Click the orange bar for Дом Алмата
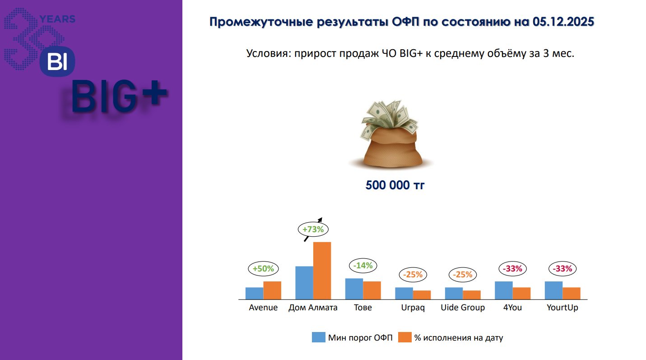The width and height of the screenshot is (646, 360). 322,271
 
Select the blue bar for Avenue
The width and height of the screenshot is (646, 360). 254,293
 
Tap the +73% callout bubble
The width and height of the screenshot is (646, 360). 313,229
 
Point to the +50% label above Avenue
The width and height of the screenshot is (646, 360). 263,269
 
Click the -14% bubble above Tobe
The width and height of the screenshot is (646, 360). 363,266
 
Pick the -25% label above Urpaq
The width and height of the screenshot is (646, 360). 413,274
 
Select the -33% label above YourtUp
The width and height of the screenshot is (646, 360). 562,269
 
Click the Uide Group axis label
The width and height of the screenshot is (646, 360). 463,308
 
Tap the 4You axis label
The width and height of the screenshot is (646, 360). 512,308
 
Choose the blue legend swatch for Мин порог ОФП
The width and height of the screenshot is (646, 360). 319,337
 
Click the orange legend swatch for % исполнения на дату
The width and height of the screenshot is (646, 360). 405,337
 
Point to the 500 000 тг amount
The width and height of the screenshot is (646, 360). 395,185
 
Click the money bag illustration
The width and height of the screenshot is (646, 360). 391,134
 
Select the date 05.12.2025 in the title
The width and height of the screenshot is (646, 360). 563,22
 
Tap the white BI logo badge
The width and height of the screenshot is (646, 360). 57,61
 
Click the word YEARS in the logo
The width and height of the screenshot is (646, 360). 57,19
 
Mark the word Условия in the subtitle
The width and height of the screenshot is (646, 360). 269,54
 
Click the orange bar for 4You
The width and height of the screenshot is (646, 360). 521,293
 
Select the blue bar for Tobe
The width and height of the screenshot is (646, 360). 354,289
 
